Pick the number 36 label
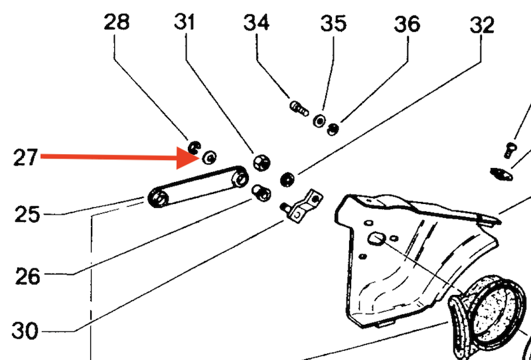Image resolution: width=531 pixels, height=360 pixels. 407,24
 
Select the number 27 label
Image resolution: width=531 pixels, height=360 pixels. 26,158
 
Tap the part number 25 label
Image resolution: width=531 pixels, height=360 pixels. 26,215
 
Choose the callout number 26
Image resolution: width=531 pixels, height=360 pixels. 28,275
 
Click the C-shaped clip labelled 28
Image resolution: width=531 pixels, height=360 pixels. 194,147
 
